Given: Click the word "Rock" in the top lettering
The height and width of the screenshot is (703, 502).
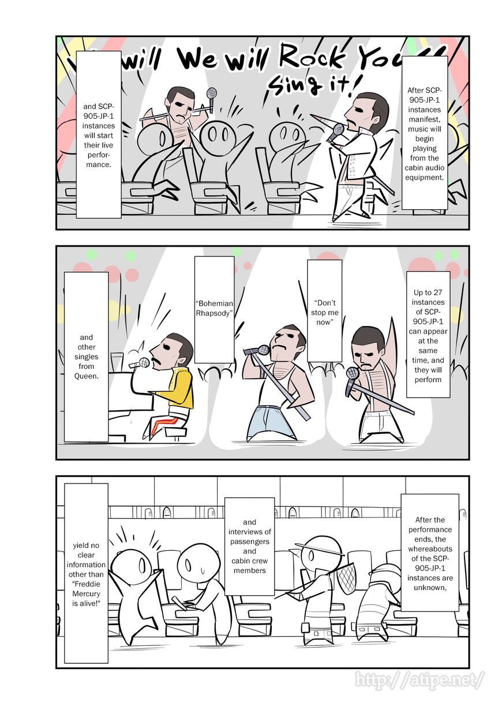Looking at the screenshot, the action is tap(310, 58).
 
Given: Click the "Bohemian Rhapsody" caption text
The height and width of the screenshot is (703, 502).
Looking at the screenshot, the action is tap(214, 308).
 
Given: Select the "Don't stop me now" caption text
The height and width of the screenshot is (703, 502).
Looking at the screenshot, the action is tap(325, 312).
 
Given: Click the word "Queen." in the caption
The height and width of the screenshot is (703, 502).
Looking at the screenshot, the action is tap(87, 376).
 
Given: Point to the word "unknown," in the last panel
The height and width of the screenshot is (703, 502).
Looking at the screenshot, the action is tap(430, 588).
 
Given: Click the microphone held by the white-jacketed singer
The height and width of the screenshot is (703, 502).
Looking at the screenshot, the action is tap(336, 132).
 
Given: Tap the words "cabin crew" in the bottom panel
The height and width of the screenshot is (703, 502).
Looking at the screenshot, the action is tap(250, 561).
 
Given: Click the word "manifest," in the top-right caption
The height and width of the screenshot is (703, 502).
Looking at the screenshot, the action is tap(424, 119).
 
